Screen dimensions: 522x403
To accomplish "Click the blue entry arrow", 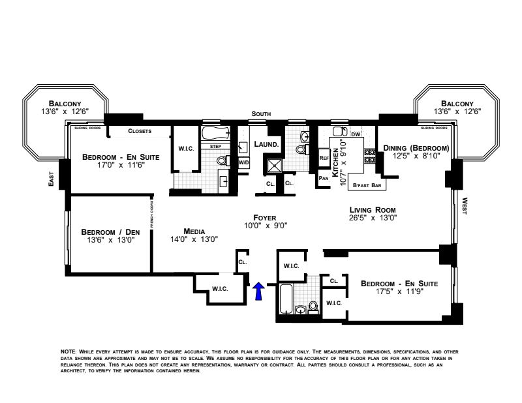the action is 258,291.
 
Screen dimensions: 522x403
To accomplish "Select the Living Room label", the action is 373,209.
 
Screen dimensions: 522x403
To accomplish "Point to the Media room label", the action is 194,231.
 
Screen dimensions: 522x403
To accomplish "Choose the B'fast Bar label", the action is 366,186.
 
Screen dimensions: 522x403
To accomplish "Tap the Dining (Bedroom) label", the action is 416,148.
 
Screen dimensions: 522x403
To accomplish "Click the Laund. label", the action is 266,143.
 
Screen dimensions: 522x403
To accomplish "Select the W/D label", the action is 243,162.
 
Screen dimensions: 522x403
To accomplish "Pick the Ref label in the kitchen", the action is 323,158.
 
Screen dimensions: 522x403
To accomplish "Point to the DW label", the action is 356,134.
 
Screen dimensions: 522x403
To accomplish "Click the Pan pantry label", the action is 323,177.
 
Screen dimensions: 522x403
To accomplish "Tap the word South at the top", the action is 262,114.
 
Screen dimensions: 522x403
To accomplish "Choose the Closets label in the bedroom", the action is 139,131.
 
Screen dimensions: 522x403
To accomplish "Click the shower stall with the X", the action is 274,164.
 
